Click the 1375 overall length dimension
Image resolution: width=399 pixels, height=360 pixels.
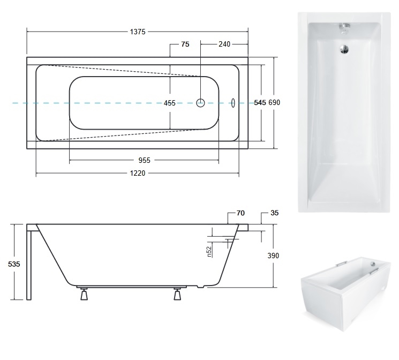pos(138,32)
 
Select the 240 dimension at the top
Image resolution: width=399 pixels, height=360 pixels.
pos(224,44)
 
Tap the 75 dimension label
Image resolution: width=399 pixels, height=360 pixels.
pos(185,44)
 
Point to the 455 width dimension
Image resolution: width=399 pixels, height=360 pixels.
pos(169,103)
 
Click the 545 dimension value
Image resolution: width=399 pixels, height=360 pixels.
pos(260,102)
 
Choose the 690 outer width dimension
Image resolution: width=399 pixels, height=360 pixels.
pos(274,102)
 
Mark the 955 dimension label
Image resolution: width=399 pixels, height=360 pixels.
pos(144,160)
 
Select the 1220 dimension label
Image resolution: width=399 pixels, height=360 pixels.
pos(138,174)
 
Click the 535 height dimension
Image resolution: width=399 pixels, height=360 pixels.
pos(14,264)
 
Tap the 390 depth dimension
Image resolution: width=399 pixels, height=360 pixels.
pos(273,256)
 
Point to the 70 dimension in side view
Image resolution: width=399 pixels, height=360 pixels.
pos(240,213)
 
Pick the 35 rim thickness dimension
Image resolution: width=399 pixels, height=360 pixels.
pos(274,213)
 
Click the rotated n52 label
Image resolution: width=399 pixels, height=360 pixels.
pos(209,252)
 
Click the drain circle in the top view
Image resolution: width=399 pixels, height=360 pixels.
pos(200,103)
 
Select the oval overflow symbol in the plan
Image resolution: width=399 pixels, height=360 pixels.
pos(233,103)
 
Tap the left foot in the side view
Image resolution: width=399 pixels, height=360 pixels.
pos(84,294)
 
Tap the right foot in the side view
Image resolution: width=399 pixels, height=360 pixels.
pos(177,294)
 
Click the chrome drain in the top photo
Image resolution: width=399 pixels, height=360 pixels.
pos(344,49)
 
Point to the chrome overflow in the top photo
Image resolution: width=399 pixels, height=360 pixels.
pos(344,28)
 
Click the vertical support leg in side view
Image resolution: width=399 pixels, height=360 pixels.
pos(29,266)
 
